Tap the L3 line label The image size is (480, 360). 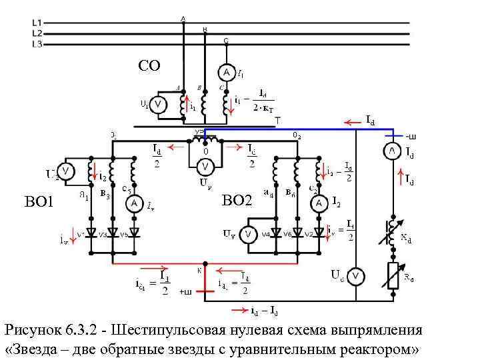37,44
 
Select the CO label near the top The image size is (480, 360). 149,65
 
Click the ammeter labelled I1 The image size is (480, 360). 227,72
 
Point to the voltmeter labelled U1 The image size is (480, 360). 158,105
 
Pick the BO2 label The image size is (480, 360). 237,199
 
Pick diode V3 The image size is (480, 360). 112,233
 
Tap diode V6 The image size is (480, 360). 297,233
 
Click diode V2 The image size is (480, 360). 318,233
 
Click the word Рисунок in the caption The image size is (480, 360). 33,331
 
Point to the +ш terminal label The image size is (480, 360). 185,292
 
